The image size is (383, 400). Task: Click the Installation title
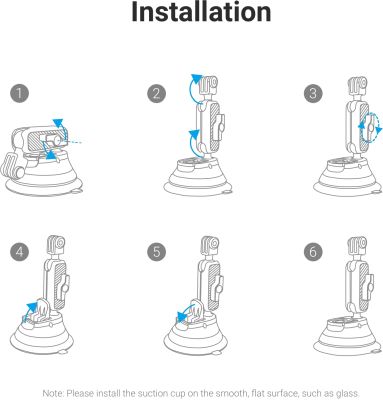point(201,12)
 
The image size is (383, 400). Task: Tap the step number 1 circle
point(19,93)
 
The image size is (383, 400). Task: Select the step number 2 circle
point(157,93)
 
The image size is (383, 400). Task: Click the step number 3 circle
point(313,93)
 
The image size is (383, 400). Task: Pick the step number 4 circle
point(19,252)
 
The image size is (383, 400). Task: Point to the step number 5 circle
point(157,252)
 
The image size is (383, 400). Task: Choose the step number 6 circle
point(313,252)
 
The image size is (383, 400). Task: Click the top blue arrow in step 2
point(191,87)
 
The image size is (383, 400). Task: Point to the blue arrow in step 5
point(185,312)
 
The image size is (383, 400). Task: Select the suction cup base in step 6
point(347,337)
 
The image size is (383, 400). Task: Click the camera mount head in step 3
point(357,86)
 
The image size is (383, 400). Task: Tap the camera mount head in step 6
point(357,245)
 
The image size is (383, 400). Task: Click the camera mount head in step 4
point(56,245)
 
